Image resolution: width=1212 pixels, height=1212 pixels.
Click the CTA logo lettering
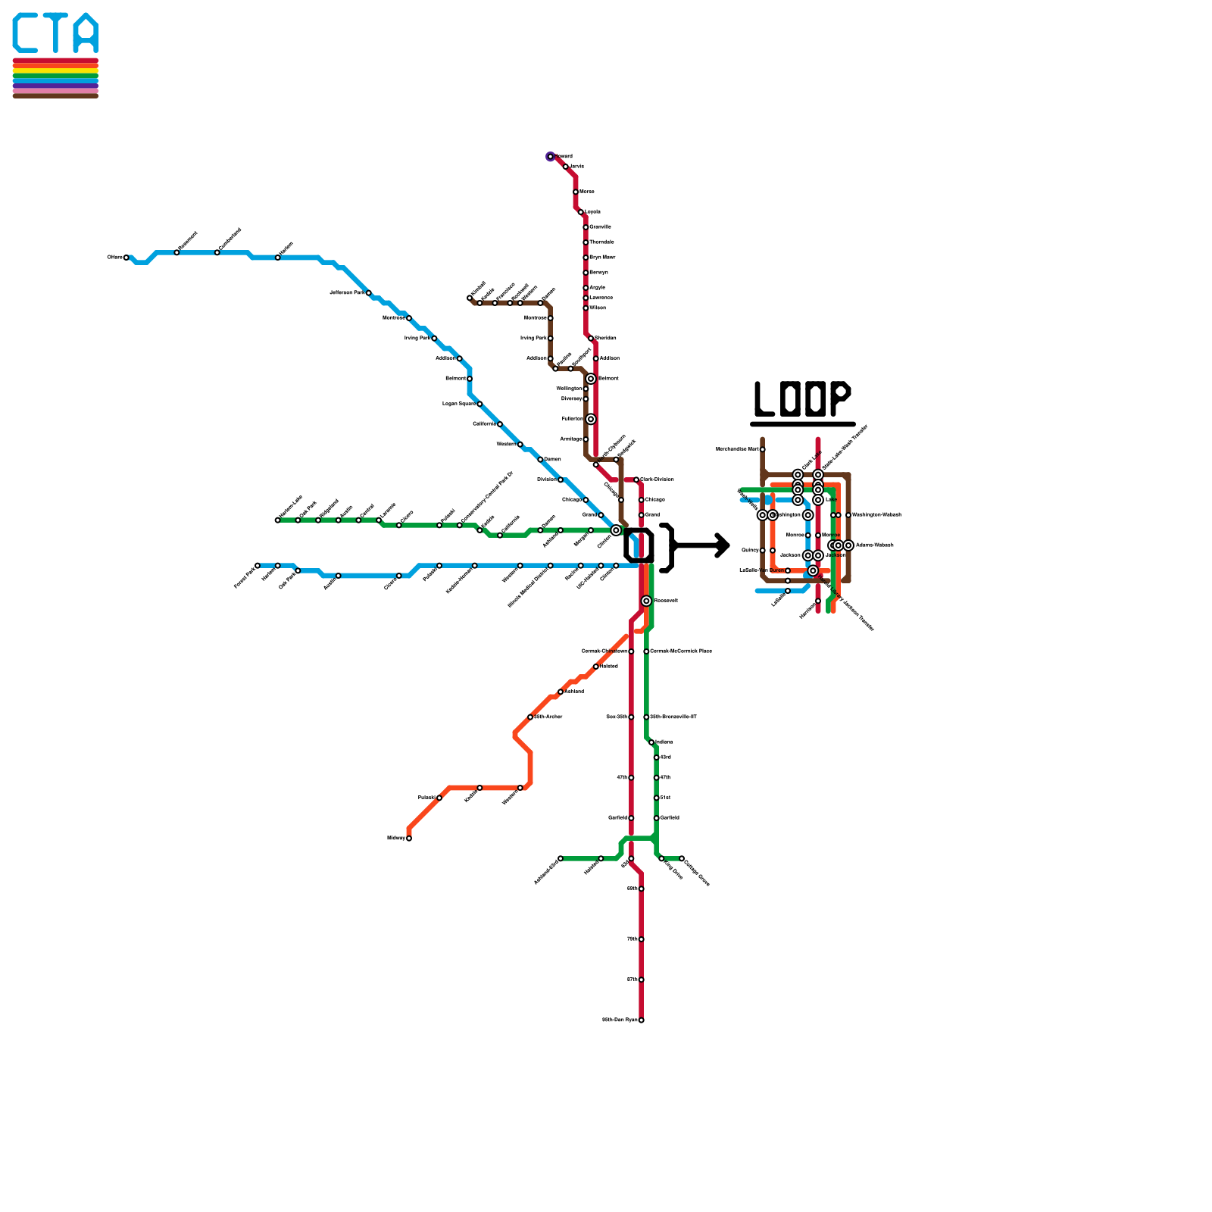click(x=55, y=33)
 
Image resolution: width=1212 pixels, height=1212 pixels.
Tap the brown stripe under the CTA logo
click(x=55, y=95)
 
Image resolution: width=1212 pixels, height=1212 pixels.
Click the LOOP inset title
click(x=802, y=398)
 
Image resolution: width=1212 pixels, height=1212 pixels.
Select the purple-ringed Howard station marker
click(x=551, y=157)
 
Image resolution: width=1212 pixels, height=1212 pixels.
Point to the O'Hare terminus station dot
click(x=127, y=258)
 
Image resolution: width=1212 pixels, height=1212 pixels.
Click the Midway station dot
click(x=409, y=839)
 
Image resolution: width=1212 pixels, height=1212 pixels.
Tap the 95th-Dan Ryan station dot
click(x=642, y=1020)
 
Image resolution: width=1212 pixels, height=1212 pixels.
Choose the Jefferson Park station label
click(x=347, y=292)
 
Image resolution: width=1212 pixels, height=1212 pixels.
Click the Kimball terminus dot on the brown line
click(x=470, y=298)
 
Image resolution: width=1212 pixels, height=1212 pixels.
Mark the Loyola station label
click(x=592, y=212)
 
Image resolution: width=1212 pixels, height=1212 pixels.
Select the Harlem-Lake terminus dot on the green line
click(x=277, y=520)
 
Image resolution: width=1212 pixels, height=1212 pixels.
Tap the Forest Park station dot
click(x=258, y=565)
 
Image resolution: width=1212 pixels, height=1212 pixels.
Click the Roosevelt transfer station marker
click(x=646, y=601)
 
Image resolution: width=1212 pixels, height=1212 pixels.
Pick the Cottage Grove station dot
click(x=682, y=858)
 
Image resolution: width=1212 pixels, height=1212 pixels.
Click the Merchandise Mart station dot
click(x=763, y=449)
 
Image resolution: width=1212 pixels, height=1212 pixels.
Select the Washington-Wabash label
click(x=876, y=515)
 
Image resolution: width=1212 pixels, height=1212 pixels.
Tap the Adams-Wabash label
click(x=875, y=545)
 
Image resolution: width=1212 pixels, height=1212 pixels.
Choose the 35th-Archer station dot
click(x=530, y=717)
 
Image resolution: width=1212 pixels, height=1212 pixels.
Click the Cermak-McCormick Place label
click(x=681, y=651)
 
